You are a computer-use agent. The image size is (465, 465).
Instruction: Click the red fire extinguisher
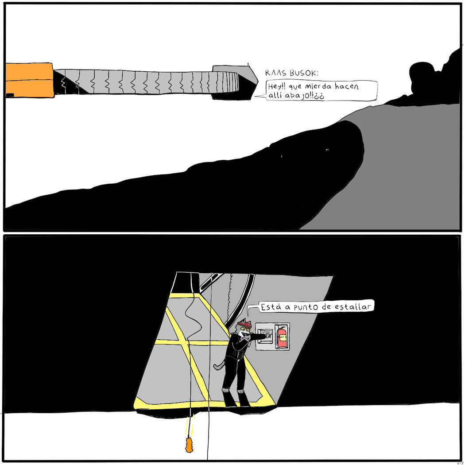pyautogui.click(x=282, y=337)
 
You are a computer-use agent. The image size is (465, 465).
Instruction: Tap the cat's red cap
pyautogui.click(x=244, y=325)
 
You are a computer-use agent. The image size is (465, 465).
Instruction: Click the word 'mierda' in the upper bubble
pyautogui.click(x=318, y=87)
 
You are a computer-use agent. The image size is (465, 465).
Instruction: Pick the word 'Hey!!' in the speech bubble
pyautogui.click(x=276, y=87)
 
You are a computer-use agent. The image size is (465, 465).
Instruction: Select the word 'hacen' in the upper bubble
pyautogui.click(x=347, y=86)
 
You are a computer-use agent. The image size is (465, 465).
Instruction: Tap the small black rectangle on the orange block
pyautogui.click(x=10, y=95)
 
